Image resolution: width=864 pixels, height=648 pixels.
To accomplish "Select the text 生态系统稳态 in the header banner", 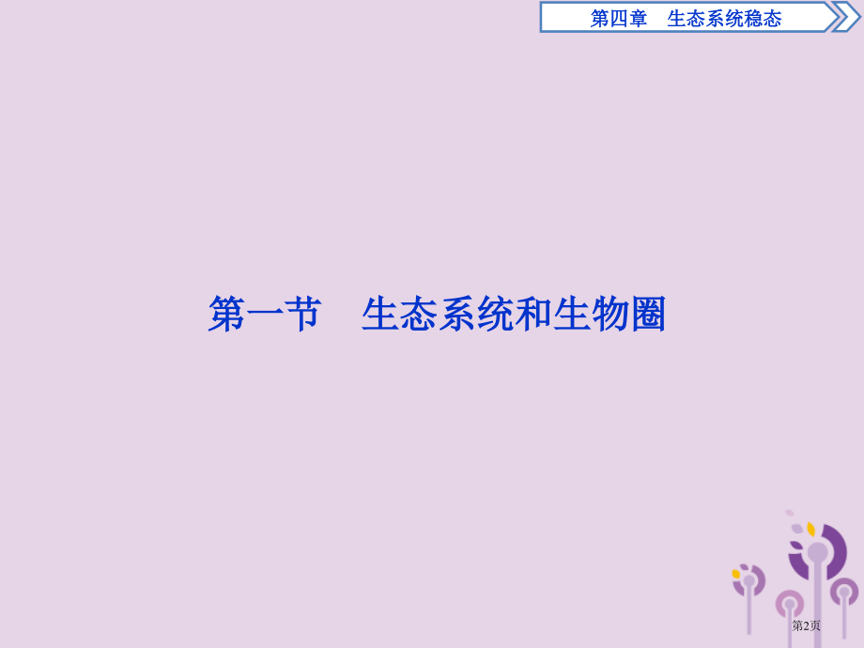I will click(724, 18).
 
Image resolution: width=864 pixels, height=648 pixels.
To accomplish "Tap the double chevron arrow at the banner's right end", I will click(844, 17).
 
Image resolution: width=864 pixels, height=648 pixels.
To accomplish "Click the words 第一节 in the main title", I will click(265, 316).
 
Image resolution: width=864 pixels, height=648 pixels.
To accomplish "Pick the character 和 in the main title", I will click(533, 316).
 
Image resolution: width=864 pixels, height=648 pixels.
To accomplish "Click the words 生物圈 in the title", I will click(609, 316).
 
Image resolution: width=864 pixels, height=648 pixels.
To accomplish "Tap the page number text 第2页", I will click(806, 625).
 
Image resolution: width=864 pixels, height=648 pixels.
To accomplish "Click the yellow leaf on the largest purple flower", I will click(810, 530).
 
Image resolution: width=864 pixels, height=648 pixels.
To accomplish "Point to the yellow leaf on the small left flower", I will click(736, 574).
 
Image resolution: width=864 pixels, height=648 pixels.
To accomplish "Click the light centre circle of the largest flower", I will click(818, 552).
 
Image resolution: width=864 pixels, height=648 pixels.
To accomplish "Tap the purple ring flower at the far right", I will click(844, 592).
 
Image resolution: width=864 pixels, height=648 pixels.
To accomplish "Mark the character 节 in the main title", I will click(302, 316).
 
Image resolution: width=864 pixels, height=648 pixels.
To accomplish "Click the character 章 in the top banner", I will click(639, 18).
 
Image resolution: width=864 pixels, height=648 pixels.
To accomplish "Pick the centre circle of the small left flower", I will click(749, 581).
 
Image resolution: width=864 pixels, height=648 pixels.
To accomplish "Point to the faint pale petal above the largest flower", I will click(790, 514).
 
